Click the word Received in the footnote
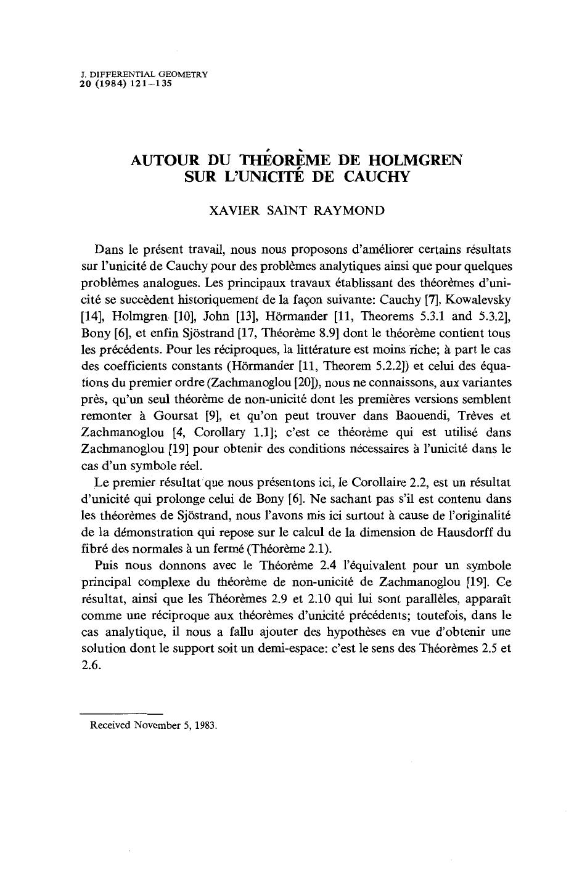click(110, 725)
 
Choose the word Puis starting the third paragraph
click(109, 565)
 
